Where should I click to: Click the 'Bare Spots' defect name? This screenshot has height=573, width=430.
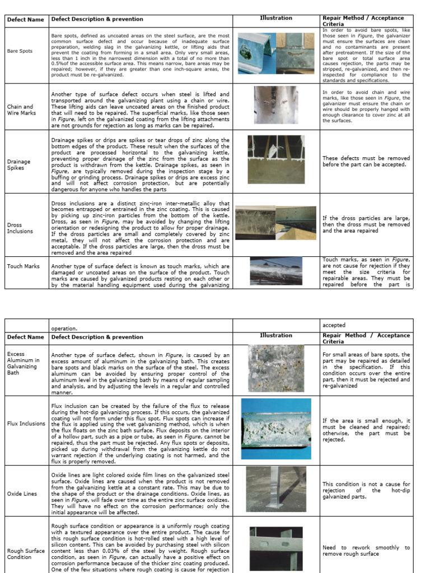(20, 51)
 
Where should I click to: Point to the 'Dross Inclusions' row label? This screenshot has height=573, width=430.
(20, 228)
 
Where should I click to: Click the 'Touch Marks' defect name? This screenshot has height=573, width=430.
(23, 266)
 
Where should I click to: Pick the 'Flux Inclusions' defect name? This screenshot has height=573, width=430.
(26, 424)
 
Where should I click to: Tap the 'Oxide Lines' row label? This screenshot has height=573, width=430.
(21, 494)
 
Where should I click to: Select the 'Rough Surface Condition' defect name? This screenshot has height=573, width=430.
(26, 554)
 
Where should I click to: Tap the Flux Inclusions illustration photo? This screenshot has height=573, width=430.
(276, 428)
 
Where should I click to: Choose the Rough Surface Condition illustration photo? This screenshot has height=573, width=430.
(275, 548)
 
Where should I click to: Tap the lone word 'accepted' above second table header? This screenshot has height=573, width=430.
(334, 325)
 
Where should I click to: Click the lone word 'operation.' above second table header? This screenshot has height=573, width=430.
(65, 329)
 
